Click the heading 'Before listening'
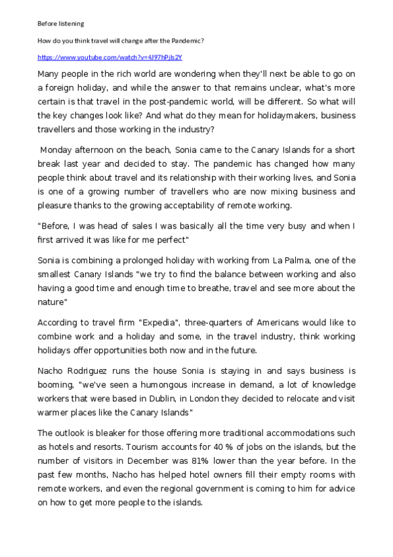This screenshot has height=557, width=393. pos(60,24)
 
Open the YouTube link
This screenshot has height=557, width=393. pos(110,57)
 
